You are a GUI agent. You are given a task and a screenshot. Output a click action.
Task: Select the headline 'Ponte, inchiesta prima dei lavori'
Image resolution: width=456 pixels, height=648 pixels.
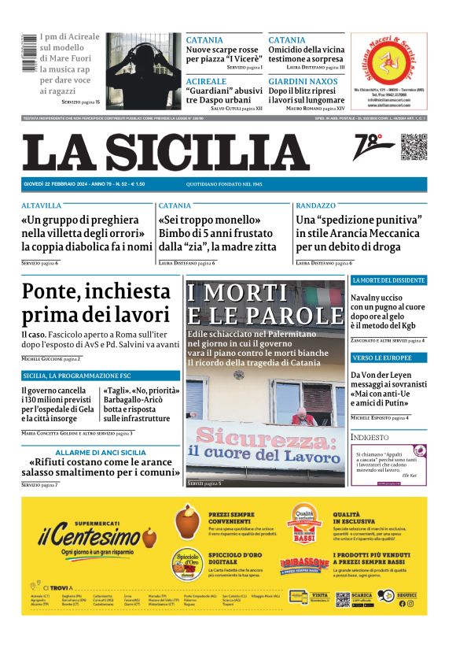tap(96, 302)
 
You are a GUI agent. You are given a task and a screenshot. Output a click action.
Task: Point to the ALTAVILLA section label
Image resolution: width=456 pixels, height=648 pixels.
tap(42, 206)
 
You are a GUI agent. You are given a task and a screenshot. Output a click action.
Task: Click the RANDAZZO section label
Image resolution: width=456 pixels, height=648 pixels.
tap(316, 206)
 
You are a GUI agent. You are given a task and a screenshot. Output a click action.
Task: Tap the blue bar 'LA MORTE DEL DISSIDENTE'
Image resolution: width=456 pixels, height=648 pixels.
tap(388, 280)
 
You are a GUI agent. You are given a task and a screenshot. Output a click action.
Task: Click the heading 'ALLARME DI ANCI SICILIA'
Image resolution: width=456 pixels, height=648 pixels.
tap(101, 452)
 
